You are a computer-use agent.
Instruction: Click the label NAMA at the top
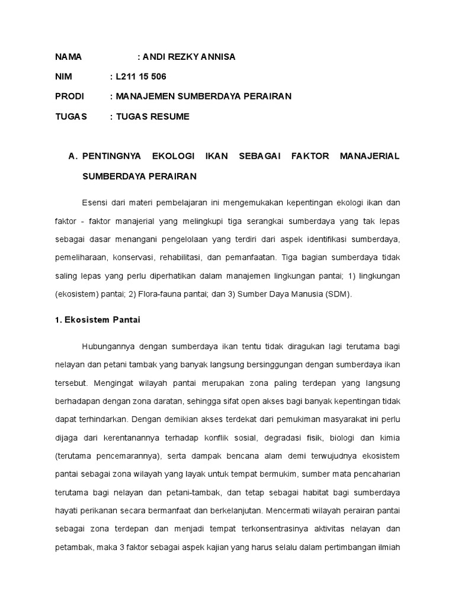68,57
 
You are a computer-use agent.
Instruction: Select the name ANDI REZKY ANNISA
188,57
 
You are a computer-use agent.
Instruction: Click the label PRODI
70,96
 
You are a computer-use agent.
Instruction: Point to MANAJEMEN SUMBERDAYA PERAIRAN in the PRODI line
204,96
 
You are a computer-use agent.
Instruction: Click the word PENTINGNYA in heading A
112,156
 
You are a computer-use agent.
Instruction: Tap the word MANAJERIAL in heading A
370,156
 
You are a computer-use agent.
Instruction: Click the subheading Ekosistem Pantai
101,320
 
